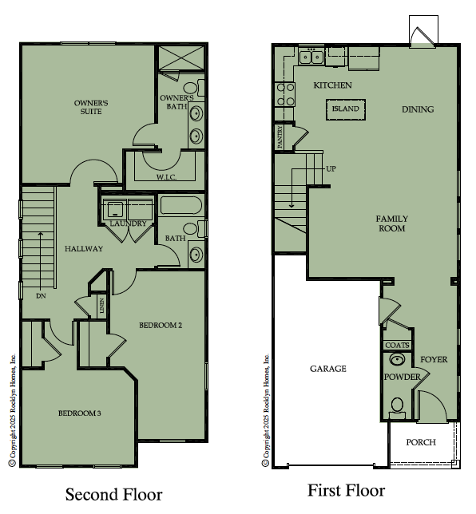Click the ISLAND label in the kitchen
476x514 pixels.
(346, 109)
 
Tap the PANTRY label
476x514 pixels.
(280, 137)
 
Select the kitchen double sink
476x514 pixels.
(311, 57)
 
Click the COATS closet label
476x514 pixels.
(397, 345)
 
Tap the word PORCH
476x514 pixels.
(421, 442)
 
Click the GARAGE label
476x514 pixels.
(328, 369)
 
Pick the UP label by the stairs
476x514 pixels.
(331, 168)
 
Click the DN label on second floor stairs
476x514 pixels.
(41, 295)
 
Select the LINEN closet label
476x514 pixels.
(101, 305)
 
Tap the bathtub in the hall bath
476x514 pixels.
(180, 205)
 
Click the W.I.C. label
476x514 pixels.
(166, 177)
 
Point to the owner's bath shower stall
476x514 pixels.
(181, 58)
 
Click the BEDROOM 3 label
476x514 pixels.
(79, 413)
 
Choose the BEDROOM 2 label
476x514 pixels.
(161, 325)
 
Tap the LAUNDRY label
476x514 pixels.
(128, 223)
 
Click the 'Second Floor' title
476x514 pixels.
(114, 494)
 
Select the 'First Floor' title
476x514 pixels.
(347, 490)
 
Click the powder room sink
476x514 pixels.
(397, 359)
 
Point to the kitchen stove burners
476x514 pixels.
(285, 94)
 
